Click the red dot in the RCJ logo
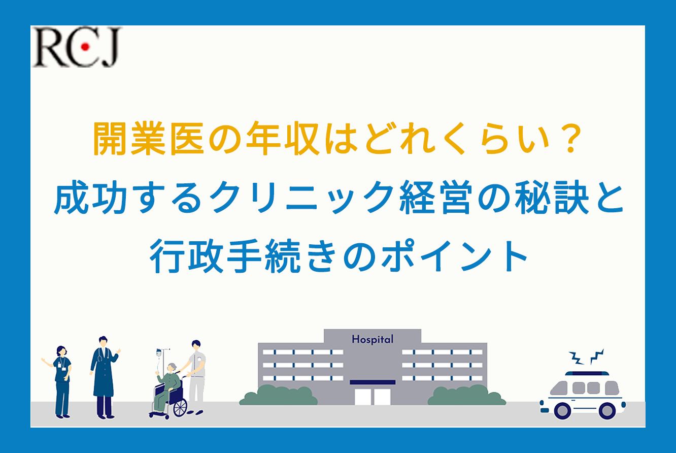[85, 47]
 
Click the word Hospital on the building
[373, 339]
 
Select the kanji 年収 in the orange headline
[283, 139]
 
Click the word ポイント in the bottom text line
[454, 256]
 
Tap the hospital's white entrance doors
[373, 397]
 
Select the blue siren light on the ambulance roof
[587, 373]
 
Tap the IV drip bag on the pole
[159, 353]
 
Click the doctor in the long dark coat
[104, 377]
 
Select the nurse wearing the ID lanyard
[60, 382]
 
